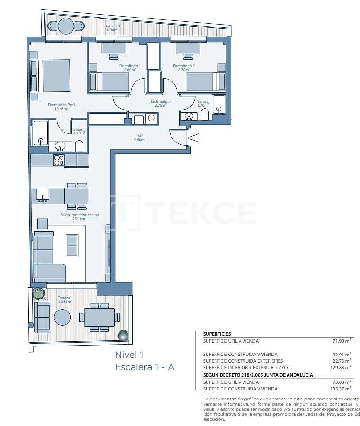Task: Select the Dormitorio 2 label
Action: [x=184, y=68]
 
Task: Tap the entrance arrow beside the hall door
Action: [x=194, y=138]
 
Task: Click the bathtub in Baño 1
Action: [x=40, y=133]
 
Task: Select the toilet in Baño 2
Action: [x=205, y=115]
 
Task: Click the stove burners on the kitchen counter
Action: [x=59, y=160]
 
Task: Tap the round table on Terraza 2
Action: [x=66, y=26]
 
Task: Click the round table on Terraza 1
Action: [x=62, y=317]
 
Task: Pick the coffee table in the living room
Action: [x=72, y=245]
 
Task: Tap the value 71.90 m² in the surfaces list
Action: [x=341, y=340]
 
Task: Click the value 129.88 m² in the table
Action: [x=340, y=367]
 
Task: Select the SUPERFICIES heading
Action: [x=217, y=334]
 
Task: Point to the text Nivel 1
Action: [x=129, y=355]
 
